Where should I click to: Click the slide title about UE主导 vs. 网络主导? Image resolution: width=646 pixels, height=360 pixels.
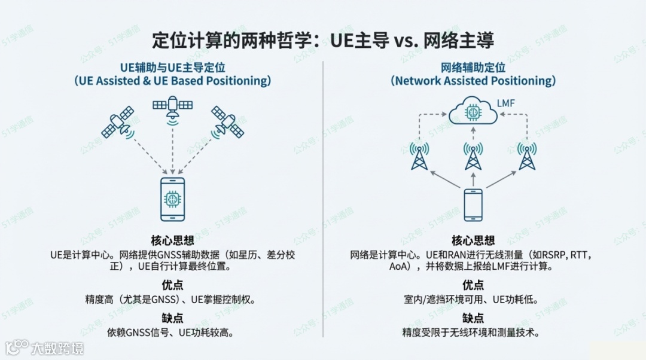[323, 41]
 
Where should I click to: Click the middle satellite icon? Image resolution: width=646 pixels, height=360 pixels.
[172, 108]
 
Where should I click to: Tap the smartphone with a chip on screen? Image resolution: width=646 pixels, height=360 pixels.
[172, 201]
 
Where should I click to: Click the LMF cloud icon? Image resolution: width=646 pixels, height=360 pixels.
[473, 112]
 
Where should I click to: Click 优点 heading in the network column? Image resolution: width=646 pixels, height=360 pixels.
[473, 285]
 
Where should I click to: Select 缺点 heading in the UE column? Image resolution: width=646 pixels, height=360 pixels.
[172, 318]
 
